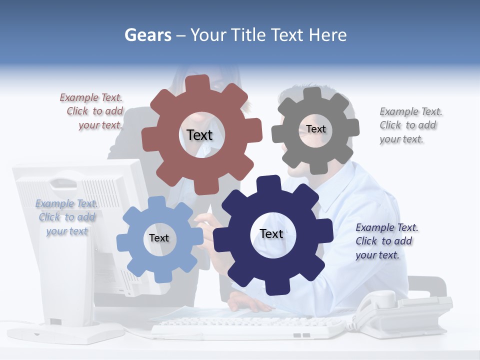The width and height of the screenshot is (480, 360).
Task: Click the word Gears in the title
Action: (x=147, y=35)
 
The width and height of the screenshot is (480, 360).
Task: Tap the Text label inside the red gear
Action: (x=199, y=135)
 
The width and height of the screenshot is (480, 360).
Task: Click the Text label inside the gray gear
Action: (x=315, y=129)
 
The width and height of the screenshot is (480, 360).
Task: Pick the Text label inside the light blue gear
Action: (x=158, y=238)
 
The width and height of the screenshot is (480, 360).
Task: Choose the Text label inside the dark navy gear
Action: (x=271, y=233)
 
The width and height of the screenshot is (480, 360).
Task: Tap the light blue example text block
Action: (x=66, y=217)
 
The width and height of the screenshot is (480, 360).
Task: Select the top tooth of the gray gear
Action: (x=312, y=93)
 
